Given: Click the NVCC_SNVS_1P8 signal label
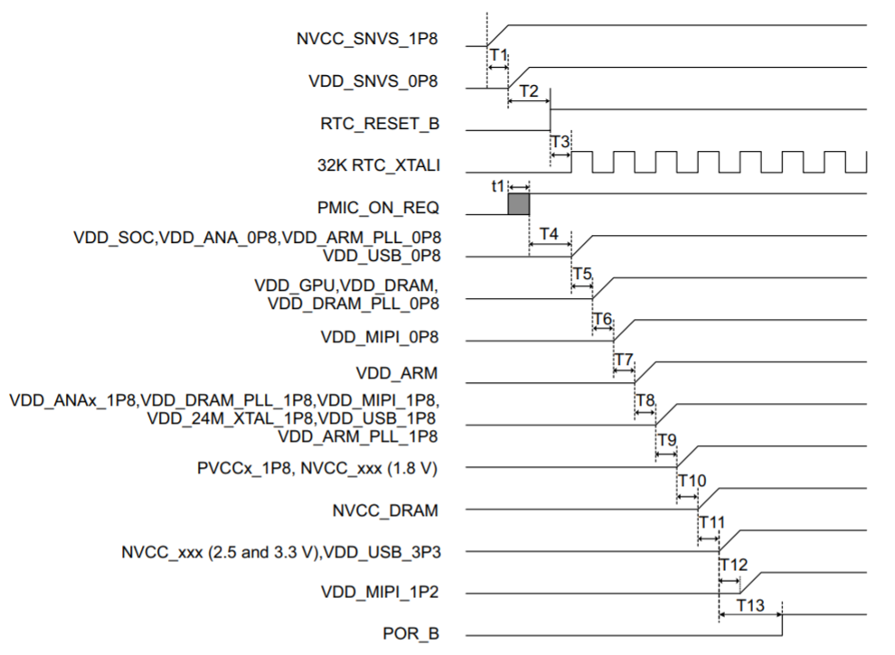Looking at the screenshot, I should pos(367,39).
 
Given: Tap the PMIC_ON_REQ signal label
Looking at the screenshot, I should pos(379,208).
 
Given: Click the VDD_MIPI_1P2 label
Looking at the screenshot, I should pos(380,592).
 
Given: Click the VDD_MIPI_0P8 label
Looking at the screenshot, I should pos(380,338).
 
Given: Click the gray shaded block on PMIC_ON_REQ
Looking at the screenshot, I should pos(519,204).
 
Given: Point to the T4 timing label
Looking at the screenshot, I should pos(549,233).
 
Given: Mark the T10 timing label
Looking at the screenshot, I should pos(691,480).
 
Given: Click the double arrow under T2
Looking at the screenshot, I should pos(529,101).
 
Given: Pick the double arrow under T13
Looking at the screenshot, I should pos(750,616).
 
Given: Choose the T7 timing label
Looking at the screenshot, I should pos(624,360).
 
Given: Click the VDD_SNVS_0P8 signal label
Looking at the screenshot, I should pos(373,80).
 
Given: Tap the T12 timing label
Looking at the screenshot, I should pos(732,565).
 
